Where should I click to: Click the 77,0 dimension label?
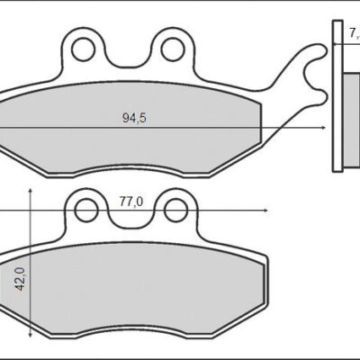click(131, 202)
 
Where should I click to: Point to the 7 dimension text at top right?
click(353, 34)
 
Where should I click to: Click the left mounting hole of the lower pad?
click(85, 211)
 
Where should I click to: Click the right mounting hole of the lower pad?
click(170, 211)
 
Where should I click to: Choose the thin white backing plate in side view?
click(336, 108)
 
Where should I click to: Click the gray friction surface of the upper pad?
click(135, 135)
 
